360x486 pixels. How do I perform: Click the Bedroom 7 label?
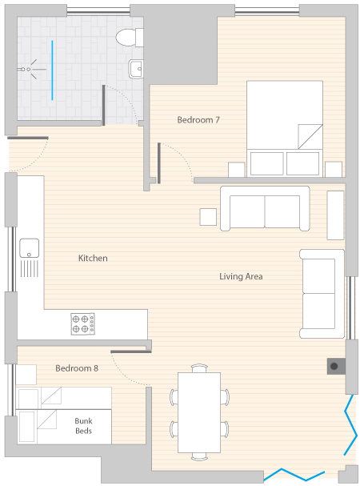pos(198,119)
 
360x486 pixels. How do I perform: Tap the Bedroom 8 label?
pos(77,368)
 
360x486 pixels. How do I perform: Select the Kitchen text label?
pos(93,258)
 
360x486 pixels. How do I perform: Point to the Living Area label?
pos(241,276)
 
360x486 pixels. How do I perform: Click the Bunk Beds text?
pos(83,426)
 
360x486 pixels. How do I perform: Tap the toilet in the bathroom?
pos(130,38)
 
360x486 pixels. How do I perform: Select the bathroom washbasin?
pos(136,69)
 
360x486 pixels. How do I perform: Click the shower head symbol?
pos(29,69)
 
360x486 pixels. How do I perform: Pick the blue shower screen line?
pos(52,70)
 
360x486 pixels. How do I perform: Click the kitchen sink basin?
pos(30,248)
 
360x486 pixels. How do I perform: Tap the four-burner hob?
pos(82,324)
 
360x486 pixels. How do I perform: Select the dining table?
pos(199,412)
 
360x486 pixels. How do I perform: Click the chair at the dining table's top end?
pos(199,368)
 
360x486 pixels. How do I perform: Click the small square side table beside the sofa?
pos(208,217)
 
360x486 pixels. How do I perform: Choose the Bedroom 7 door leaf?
pos(159,163)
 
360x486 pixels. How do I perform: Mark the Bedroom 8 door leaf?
pos(131,351)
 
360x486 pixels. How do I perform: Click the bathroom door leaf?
pos(104,105)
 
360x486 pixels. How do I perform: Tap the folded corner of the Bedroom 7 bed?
pos(310,136)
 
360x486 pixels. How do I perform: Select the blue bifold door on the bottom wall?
pos(294,475)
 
